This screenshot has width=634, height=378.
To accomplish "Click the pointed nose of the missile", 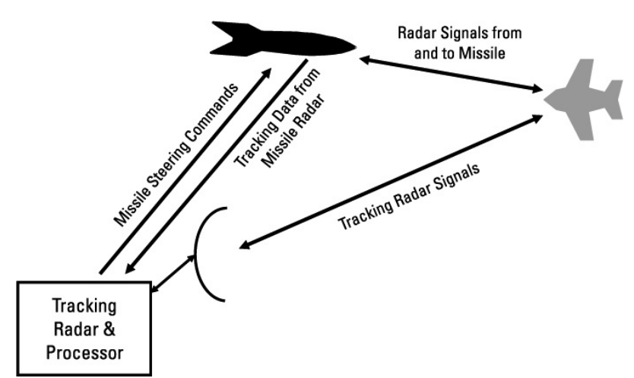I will (x=350, y=46).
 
